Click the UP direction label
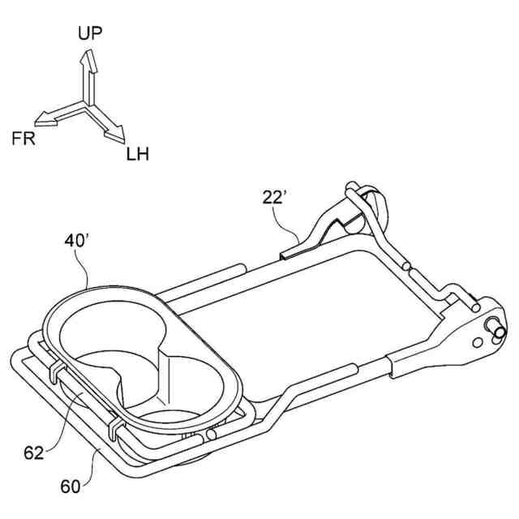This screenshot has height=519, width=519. (90, 35)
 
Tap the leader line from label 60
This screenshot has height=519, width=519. (92, 464)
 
